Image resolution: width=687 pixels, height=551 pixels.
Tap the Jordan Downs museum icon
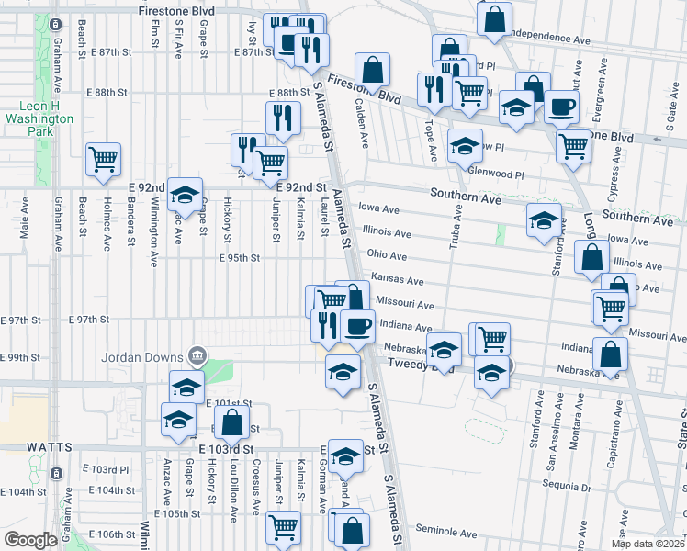coord(196,355)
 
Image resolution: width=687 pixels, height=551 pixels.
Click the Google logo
coord(30,540)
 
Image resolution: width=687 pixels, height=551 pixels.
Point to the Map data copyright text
coord(648,544)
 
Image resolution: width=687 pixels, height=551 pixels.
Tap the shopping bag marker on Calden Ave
coord(373,70)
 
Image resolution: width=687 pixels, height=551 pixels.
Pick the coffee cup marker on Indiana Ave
coord(357,325)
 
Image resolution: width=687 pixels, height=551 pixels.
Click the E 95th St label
coord(240,258)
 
